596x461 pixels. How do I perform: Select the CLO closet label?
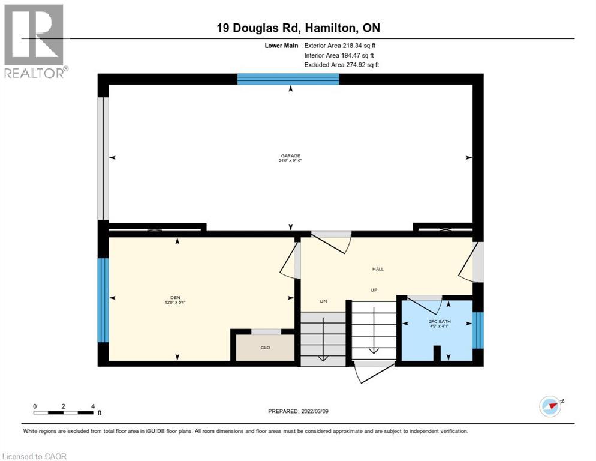coord(265,347)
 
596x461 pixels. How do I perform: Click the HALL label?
coord(378,268)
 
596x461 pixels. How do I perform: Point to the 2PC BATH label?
coord(440,322)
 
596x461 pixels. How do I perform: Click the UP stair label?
coord(372,289)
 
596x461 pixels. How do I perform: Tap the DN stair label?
coord(323,300)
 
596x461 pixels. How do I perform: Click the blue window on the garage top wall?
coord(288,79)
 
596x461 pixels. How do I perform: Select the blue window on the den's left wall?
coord(103,300)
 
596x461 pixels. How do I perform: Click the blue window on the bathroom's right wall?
coord(478,330)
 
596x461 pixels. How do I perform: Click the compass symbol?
coord(550,406)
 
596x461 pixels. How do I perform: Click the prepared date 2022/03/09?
coord(298,411)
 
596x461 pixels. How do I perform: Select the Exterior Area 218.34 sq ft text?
coord(340,45)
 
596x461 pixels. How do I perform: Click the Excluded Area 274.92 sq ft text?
coord(341,65)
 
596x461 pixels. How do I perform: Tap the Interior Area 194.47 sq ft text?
coord(340,55)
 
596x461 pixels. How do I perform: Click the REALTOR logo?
coord(35,41)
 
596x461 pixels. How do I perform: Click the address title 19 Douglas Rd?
coord(298,28)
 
